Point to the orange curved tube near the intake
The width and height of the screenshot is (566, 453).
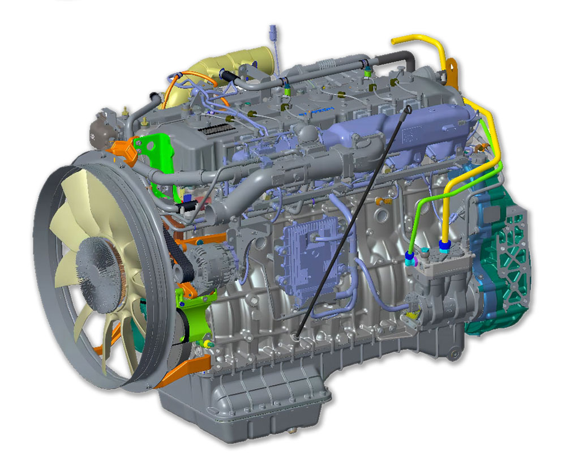click(170, 91)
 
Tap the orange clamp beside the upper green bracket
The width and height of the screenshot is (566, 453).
click(126, 149)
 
